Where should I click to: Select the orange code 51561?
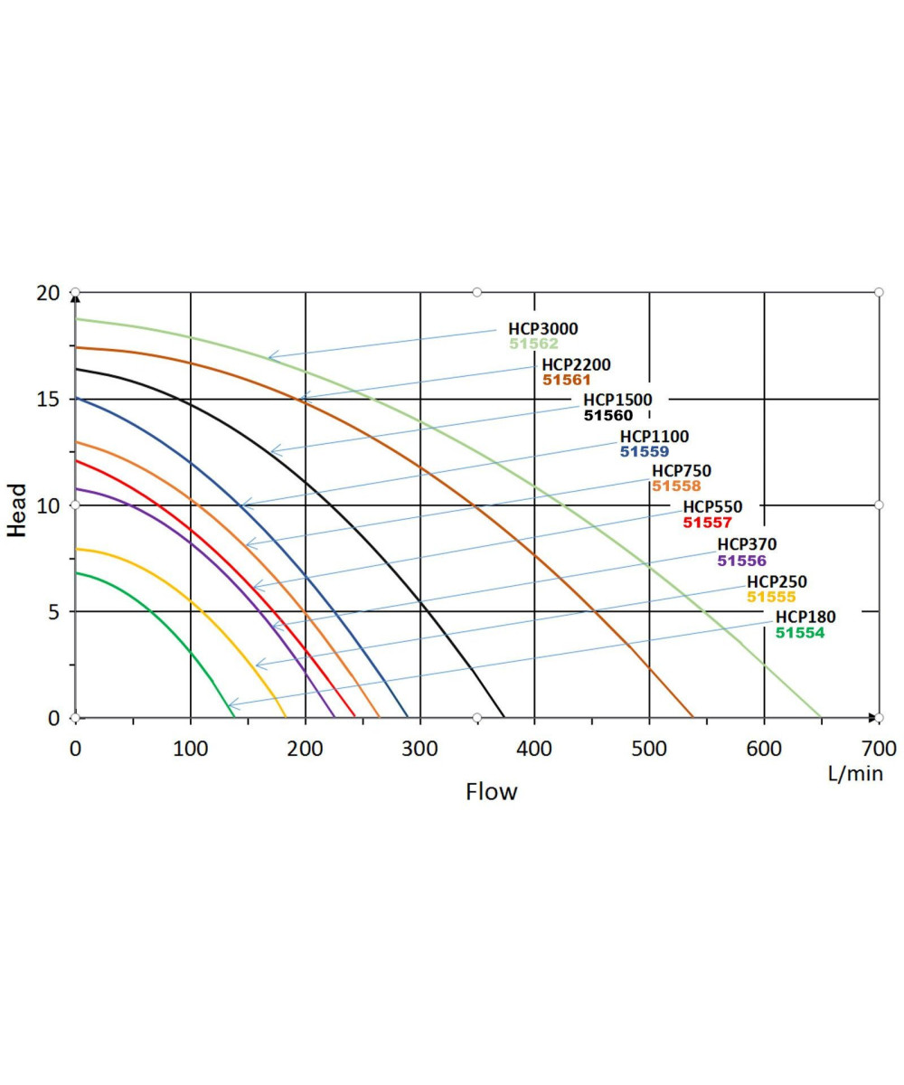(x=567, y=381)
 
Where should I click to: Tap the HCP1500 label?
(x=617, y=401)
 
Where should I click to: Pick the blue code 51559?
(x=645, y=451)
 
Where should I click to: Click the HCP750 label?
(x=682, y=471)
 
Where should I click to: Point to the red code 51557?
(x=707, y=523)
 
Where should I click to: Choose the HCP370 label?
(x=747, y=544)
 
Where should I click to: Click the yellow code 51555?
(x=771, y=597)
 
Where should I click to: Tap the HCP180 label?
(x=805, y=618)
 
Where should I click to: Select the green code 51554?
(x=800, y=633)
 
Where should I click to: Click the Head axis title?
(x=17, y=510)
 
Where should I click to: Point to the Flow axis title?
(x=492, y=792)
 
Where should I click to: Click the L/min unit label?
(x=855, y=774)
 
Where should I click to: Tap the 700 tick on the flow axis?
(x=879, y=749)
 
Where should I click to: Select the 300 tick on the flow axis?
(x=419, y=749)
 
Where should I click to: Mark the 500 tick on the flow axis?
(x=649, y=749)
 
